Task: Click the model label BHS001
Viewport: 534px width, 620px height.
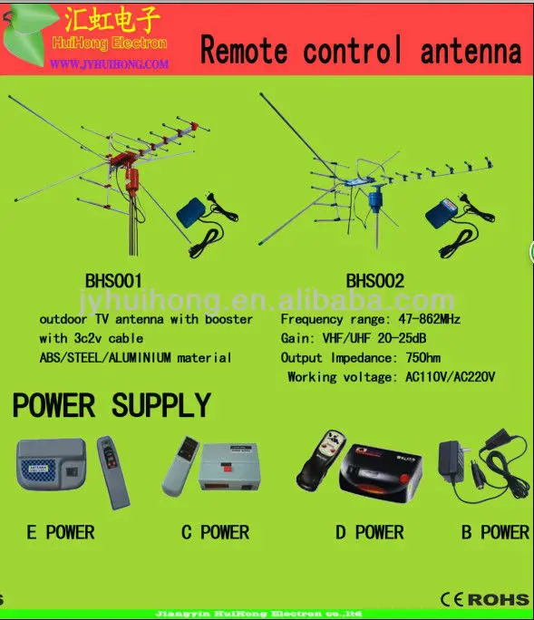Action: (113, 281)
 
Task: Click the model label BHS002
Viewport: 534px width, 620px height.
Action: (374, 281)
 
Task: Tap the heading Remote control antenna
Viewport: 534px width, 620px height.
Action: (361, 51)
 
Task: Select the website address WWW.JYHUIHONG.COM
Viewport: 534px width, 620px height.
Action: (109, 64)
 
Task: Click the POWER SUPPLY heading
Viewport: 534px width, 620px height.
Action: (112, 405)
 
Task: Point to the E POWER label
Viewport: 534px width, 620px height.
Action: (61, 532)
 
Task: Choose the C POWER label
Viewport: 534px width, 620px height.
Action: (215, 532)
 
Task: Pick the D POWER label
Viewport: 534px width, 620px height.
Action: (369, 532)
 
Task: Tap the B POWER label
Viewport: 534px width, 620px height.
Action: (494, 532)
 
